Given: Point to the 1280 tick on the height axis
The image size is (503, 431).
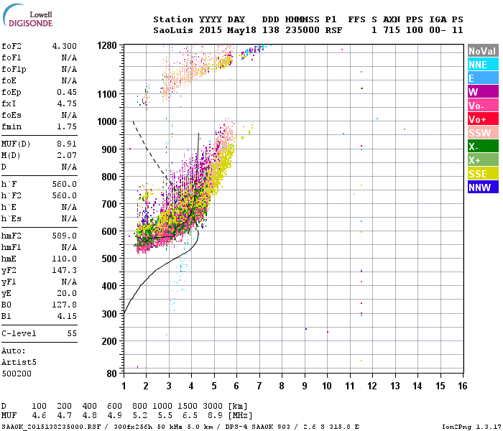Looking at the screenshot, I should [107, 45].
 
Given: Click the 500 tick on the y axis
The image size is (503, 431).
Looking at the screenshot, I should [110, 259].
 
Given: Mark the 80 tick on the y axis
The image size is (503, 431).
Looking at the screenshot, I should [113, 374].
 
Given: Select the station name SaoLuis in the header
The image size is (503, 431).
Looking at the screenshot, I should [172, 30].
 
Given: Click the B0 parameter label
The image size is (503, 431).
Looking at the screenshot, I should [7, 305].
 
